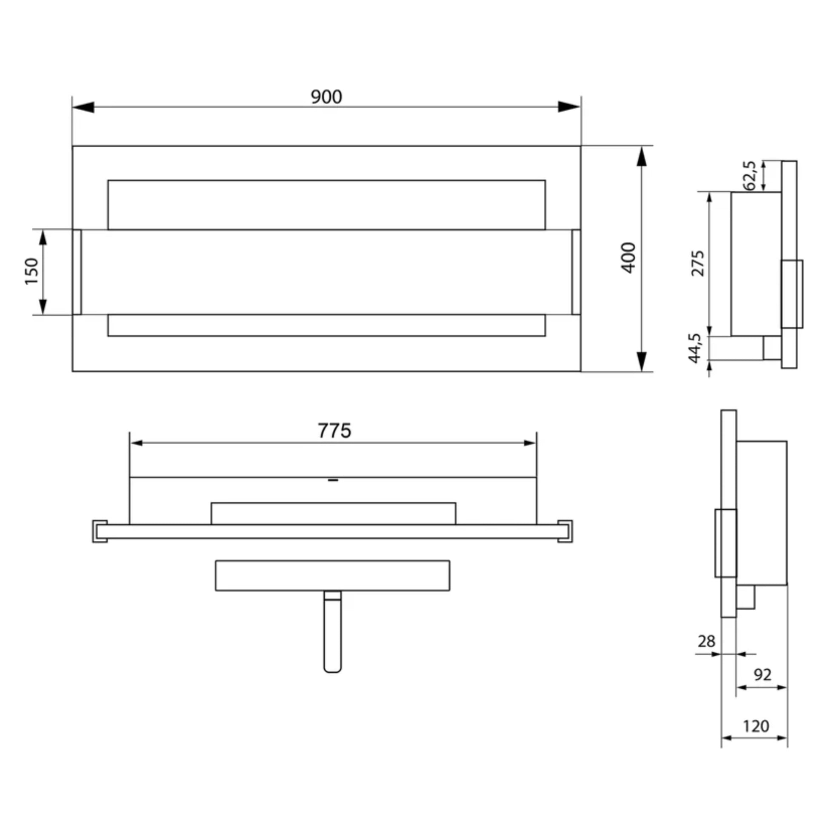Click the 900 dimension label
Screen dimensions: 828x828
[326, 97]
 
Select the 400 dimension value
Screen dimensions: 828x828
[629, 257]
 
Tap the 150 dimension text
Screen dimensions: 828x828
[32, 271]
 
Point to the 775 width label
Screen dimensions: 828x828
[334, 431]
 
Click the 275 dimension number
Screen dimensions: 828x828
[698, 263]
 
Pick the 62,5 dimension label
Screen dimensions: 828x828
[749, 175]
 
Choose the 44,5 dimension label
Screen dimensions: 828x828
[695, 348]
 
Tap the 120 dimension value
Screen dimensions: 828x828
[756, 726]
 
